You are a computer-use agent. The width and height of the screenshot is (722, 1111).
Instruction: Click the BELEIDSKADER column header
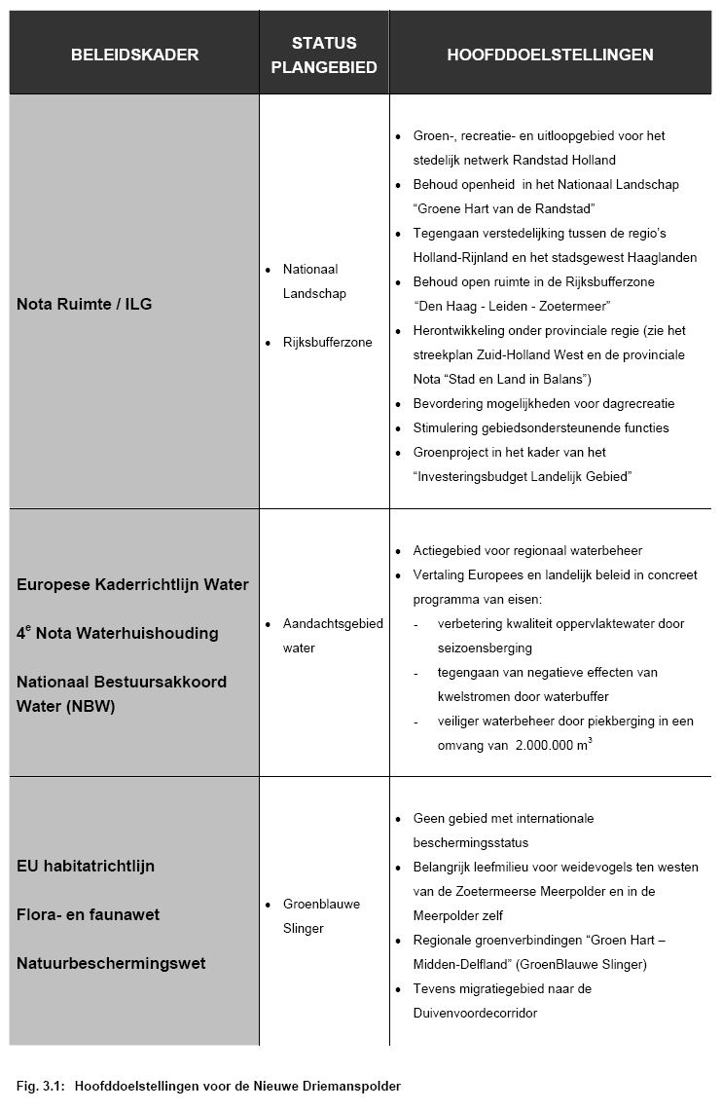134,55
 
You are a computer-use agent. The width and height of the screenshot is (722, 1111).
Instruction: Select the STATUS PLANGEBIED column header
324,55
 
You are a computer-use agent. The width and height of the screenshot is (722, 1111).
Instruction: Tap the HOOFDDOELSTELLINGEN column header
550,55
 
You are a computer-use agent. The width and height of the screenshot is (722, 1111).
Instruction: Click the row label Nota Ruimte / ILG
85,304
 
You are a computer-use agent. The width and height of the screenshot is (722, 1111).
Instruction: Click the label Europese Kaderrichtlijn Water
132,585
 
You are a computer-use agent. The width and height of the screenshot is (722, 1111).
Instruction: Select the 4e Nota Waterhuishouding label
117,634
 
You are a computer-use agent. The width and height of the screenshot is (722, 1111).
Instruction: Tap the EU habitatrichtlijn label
86,866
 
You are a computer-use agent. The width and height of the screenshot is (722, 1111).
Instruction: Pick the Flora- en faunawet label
88,914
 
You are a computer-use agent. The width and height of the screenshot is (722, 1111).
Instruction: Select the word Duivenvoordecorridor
475,1013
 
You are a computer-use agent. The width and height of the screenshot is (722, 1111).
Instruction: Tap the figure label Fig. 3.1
39,1085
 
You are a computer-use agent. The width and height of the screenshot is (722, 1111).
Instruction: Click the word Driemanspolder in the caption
354,1085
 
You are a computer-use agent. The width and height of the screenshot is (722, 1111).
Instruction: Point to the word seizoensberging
485,648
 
